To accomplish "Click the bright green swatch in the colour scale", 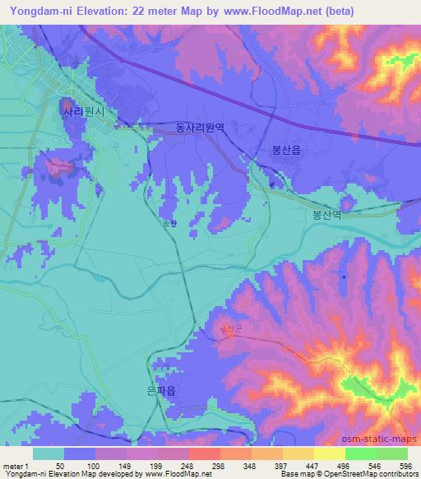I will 360,453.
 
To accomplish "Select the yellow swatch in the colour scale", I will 329,453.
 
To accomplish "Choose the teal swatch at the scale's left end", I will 49,453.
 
